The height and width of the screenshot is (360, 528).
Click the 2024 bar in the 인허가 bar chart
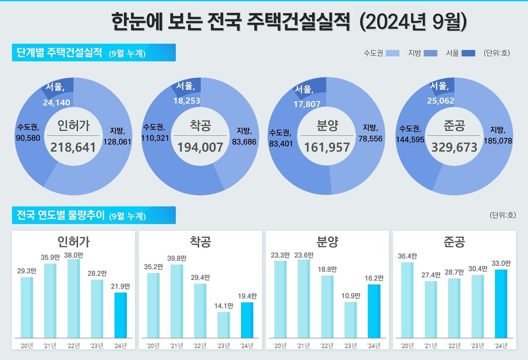coord(120,315)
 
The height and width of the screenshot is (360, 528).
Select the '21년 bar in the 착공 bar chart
coord(177,301)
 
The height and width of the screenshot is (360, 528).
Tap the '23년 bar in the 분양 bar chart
coord(351,320)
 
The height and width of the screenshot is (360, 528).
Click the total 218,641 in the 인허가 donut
coord(73,147)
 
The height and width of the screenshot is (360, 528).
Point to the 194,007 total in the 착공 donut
coord(200,147)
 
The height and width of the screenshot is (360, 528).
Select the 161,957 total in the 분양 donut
coord(327,147)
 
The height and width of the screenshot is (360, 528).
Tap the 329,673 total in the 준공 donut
coord(454,147)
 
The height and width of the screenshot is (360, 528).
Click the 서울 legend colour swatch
coord(468,53)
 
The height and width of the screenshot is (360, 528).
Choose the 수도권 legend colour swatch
coord(392,53)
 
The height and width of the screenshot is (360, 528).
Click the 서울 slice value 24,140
coord(57,102)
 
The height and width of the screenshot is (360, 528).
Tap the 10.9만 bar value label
coord(351,296)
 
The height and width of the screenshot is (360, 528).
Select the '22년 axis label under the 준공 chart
coord(454,346)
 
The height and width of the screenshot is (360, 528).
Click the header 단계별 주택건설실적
coord(59,53)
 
